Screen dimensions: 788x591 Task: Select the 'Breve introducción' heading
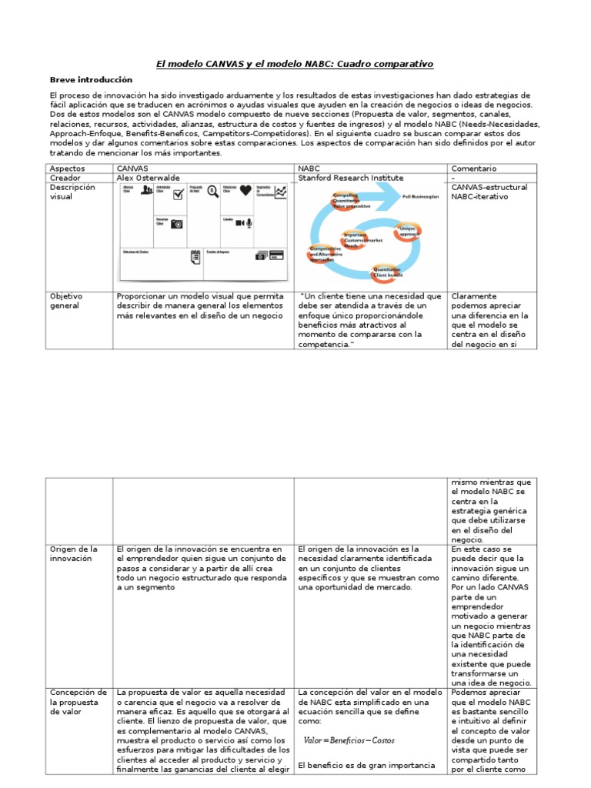tap(91, 79)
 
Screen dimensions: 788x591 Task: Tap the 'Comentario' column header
tap(474, 168)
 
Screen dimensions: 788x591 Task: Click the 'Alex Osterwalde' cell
tap(149, 178)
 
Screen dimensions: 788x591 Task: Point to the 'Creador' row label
tap(66, 178)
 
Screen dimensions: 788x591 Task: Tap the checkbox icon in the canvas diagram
tap(177, 196)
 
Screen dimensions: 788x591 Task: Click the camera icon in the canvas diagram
tap(177, 223)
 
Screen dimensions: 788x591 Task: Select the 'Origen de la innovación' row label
tap(73, 553)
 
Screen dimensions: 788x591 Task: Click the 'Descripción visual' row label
tap(72, 192)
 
